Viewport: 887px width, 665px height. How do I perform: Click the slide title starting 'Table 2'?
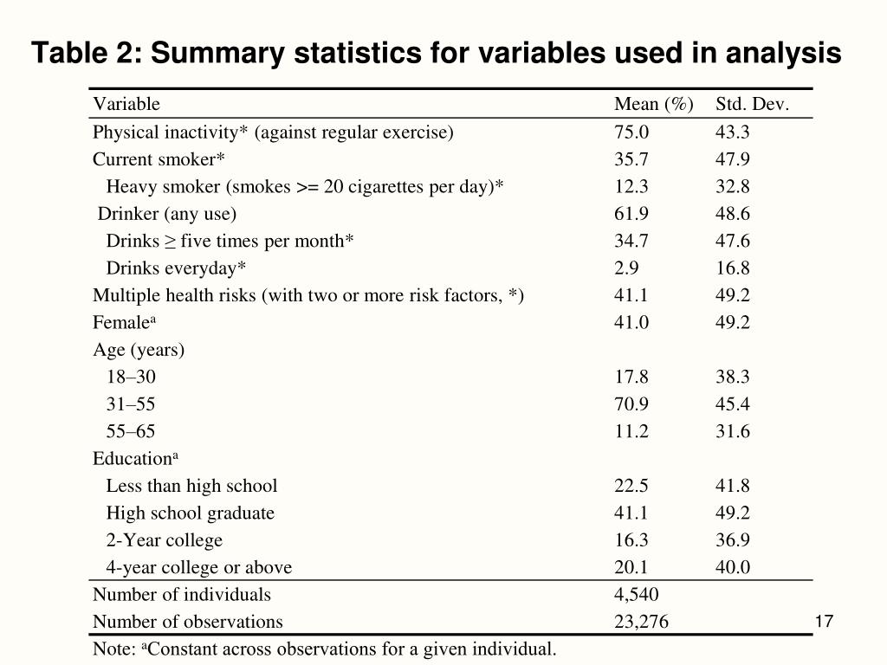pos(437,54)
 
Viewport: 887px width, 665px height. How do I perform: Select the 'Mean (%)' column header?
pos(653,105)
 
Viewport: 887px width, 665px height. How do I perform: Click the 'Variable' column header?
pos(126,105)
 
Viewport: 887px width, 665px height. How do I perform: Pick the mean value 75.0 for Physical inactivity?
pos(631,132)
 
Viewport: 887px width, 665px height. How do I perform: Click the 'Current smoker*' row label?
pos(159,159)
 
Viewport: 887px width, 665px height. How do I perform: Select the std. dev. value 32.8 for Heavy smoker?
pos(733,187)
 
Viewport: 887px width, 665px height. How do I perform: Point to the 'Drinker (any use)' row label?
pos(166,214)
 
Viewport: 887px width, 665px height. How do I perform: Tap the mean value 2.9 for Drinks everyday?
pos(626,268)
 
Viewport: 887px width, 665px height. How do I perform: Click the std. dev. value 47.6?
pos(733,241)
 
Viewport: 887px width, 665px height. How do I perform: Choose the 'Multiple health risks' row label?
pos(308,295)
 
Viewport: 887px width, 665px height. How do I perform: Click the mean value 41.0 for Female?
pos(631,323)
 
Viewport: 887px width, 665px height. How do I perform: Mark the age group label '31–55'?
pos(131,404)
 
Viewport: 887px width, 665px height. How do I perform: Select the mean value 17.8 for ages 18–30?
pos(631,377)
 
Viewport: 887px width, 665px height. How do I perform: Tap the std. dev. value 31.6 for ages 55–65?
pos(733,431)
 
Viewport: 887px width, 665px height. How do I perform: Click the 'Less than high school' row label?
pos(191,486)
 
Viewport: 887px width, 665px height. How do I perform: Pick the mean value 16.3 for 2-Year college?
pos(631,540)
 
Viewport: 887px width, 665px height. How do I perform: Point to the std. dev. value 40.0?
pos(733,568)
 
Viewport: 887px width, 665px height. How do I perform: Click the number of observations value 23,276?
pos(641,622)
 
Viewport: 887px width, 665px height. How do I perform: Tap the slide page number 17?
pos(824,622)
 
